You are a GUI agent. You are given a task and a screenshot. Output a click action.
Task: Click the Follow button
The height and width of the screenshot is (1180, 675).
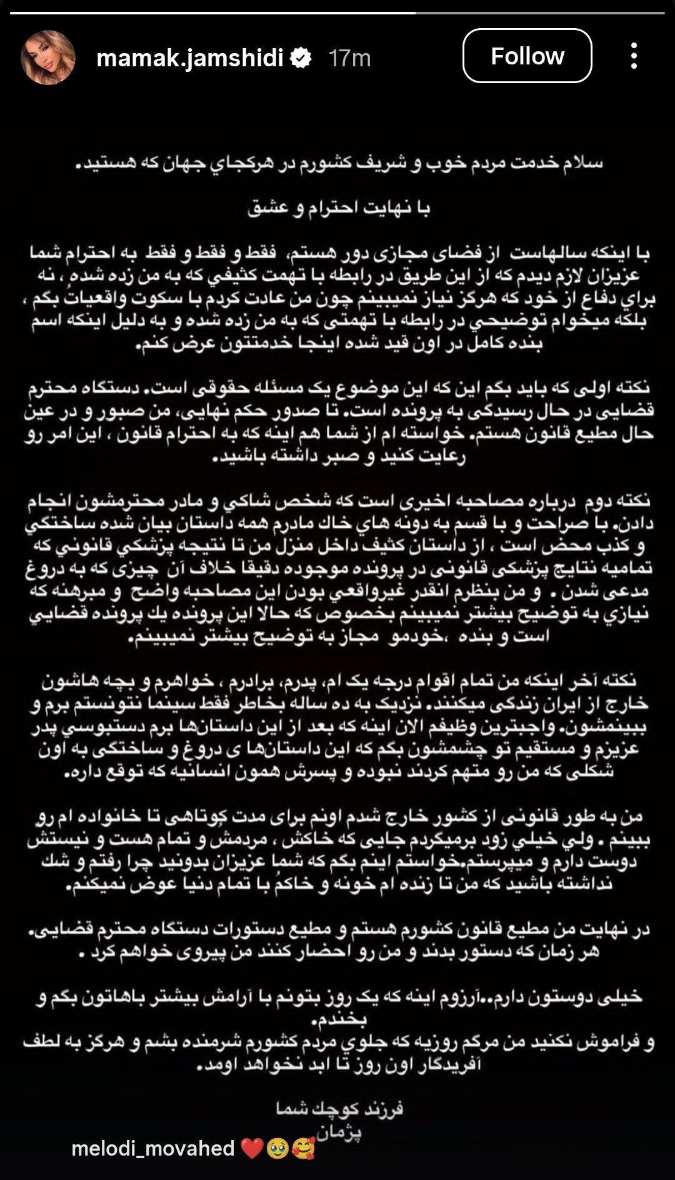pyautogui.click(x=527, y=56)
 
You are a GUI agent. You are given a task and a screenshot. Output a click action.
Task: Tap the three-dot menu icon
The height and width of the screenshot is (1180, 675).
pyautogui.click(x=634, y=56)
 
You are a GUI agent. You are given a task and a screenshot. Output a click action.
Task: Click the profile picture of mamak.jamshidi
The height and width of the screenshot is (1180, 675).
pyautogui.click(x=48, y=57)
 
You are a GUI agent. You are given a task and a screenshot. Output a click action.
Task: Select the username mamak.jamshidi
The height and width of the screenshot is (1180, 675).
pyautogui.click(x=190, y=58)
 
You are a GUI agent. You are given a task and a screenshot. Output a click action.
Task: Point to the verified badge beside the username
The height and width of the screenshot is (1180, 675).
pyautogui.click(x=302, y=58)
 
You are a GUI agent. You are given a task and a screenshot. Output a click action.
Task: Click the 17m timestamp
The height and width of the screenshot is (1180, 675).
pyautogui.click(x=349, y=58)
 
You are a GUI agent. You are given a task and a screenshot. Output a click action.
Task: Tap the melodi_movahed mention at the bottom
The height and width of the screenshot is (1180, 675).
pyautogui.click(x=153, y=1148)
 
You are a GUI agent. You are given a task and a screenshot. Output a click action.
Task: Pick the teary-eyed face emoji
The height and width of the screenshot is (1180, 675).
pyautogui.click(x=276, y=1148)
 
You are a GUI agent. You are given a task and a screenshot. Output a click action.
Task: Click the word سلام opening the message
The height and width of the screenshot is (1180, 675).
pyautogui.click(x=584, y=164)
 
